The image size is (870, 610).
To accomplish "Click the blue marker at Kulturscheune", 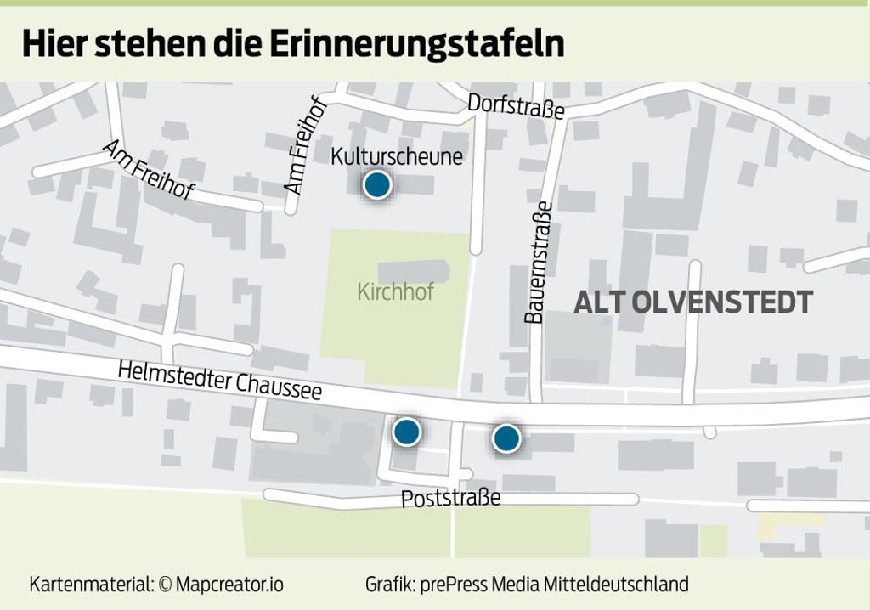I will click(376, 184).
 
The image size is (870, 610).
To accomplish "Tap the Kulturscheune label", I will click(397, 157).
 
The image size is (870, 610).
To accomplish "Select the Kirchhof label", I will click(396, 293).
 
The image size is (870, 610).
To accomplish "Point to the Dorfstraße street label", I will click(517, 106).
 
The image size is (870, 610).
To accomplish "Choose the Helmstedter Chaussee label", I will click(220, 381).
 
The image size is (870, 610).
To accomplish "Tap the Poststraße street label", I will click(451, 498).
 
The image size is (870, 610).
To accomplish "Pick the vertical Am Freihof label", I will click(305, 153).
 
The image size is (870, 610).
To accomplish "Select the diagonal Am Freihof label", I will click(148, 170).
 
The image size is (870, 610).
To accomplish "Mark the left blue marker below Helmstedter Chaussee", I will click(407, 432).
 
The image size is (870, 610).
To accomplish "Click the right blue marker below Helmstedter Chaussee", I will click(506, 438).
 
